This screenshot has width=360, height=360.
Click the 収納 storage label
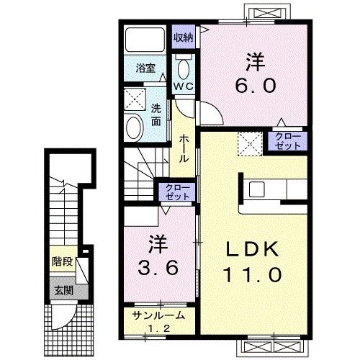point(184,37)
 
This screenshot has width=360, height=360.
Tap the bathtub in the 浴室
point(145,40)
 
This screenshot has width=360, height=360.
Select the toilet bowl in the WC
point(184,68)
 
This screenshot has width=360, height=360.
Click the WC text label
point(184,86)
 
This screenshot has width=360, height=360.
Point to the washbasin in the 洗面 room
point(135,127)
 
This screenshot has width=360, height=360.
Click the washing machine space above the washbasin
point(135,99)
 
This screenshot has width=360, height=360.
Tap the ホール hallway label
point(184,148)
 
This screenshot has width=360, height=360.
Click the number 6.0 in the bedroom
point(255,86)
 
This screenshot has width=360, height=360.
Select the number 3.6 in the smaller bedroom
point(158,268)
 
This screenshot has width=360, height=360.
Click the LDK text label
point(253,250)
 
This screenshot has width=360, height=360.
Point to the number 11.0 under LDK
point(253,275)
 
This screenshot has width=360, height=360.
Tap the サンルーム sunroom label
point(158,315)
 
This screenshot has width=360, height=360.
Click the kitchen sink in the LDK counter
point(256,189)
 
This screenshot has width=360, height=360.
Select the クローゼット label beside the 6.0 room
point(288,141)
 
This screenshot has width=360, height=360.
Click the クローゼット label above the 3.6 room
point(178,192)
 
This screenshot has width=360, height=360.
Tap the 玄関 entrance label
point(63,290)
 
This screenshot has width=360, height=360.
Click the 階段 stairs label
point(63,261)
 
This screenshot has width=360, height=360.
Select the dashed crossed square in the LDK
point(251,144)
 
